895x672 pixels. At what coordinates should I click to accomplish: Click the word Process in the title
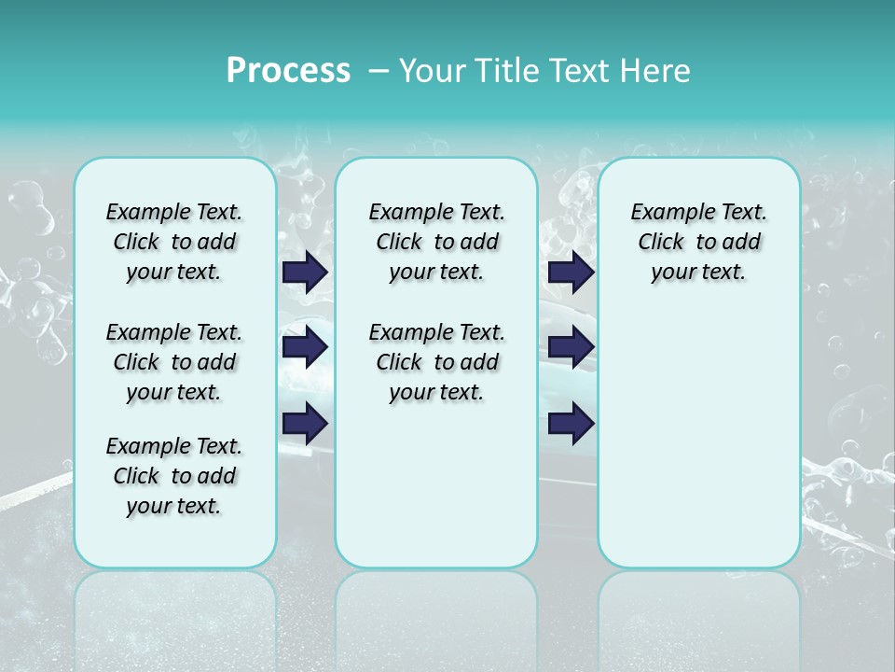288,70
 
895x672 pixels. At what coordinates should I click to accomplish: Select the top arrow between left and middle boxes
305,273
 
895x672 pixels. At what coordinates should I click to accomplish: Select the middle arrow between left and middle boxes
305,347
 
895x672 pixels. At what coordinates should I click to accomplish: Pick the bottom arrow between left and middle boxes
305,423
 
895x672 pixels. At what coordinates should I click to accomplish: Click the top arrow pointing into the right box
571,273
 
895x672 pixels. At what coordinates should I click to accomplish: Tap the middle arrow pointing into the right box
571,347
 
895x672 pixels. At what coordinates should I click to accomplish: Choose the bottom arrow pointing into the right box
571,423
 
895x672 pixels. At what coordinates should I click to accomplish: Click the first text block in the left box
174,242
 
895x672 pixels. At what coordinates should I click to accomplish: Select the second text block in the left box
174,362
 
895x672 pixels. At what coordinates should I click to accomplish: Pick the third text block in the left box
174,476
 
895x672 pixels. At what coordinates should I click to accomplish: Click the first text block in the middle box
436,242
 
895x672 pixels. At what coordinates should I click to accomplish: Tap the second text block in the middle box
436,362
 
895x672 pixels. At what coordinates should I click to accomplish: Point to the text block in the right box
698,242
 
